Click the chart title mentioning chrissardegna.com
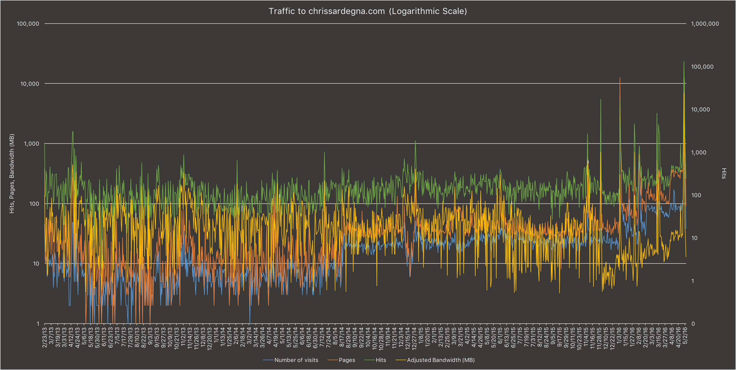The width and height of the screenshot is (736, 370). [368, 11]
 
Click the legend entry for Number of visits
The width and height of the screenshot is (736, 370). [296, 360]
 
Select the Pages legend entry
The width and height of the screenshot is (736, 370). [346, 360]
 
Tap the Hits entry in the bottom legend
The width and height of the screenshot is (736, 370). [381, 360]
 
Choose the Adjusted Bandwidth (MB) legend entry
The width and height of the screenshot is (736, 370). [440, 360]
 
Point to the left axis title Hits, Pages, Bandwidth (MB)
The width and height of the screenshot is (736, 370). [12, 173]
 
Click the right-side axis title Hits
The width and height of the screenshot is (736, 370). [724, 173]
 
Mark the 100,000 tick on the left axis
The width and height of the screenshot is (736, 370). [28, 24]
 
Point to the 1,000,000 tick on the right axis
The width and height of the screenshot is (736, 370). [705, 24]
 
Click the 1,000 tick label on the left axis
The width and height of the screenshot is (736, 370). [31, 144]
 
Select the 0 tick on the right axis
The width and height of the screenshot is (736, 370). [693, 324]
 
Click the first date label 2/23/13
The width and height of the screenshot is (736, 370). [45, 337]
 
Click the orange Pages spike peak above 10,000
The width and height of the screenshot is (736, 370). [620, 78]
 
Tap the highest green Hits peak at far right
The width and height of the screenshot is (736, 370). [684, 61]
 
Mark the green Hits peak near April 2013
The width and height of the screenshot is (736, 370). [73, 132]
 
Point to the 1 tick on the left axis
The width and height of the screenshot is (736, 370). [38, 324]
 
